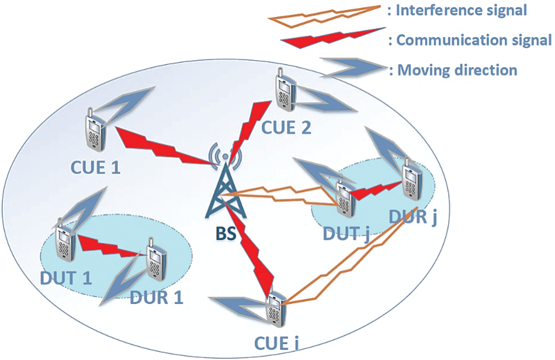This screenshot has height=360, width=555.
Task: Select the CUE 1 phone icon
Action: [93, 129]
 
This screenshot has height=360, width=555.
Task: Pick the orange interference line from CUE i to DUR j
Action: [351, 257]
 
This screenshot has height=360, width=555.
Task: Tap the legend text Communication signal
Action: [470, 40]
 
